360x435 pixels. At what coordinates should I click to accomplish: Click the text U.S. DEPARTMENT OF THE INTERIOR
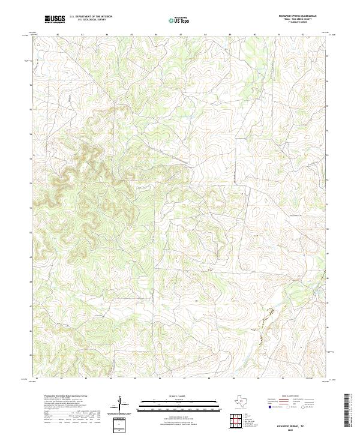point(91,17)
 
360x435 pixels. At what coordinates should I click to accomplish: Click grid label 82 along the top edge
point(57,35)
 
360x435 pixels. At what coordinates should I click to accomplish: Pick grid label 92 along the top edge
point(304,35)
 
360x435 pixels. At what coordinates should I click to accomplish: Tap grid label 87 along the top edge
point(181,35)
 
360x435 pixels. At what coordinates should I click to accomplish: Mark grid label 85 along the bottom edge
point(136,379)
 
